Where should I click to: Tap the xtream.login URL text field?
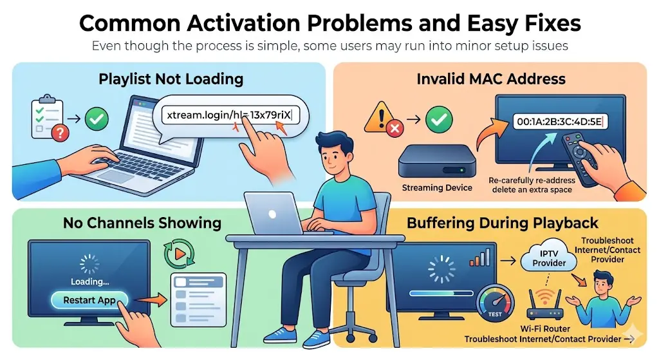coord(228,115)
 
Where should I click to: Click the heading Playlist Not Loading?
coord(171,79)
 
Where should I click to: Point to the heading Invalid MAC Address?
coord(491,79)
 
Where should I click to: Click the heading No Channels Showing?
coord(142,223)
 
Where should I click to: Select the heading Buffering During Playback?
coord(503,223)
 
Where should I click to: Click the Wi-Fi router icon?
coord(545,308)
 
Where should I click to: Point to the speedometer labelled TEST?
coord(493,305)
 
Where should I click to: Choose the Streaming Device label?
coord(436,188)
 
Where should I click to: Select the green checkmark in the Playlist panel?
coord(97,118)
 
